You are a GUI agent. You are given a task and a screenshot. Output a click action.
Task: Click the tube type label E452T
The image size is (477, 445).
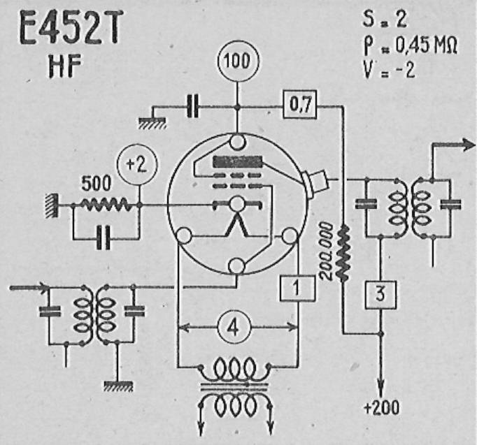tap(71, 27)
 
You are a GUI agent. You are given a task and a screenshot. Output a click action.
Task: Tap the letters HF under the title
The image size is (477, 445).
tap(65, 67)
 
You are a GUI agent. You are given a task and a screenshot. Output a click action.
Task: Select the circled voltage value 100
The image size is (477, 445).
tap(238, 61)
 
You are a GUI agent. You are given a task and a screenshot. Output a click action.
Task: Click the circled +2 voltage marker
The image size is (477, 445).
tap(137, 164)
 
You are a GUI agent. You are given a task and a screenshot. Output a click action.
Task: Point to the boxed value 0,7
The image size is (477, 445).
tap(300, 104)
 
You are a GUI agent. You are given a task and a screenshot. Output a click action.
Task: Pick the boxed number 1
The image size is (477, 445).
tap(297, 288)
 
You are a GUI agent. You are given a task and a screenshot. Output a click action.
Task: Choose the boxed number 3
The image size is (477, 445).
tap(380, 295)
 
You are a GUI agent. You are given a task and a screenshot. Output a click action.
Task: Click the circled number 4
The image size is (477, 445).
tap(234, 328)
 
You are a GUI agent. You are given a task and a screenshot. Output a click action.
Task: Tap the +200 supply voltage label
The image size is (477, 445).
tap(381, 407)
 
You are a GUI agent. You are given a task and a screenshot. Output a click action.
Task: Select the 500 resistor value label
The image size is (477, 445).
tap(97, 183)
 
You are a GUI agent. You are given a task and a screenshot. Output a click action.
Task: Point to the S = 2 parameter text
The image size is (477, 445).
tap(384, 19)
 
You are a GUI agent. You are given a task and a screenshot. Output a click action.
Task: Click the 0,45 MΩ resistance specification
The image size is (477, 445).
tap(426, 45)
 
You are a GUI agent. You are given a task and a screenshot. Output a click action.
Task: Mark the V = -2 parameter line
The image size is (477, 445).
tap(390, 71)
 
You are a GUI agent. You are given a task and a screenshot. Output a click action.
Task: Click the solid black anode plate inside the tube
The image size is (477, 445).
tap(238, 162)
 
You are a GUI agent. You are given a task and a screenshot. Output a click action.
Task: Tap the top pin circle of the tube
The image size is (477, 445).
tap(237, 142)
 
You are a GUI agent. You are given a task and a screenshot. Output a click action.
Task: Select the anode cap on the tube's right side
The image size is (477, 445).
tap(315, 183)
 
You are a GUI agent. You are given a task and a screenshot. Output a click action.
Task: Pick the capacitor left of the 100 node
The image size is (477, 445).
tap(193, 106)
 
